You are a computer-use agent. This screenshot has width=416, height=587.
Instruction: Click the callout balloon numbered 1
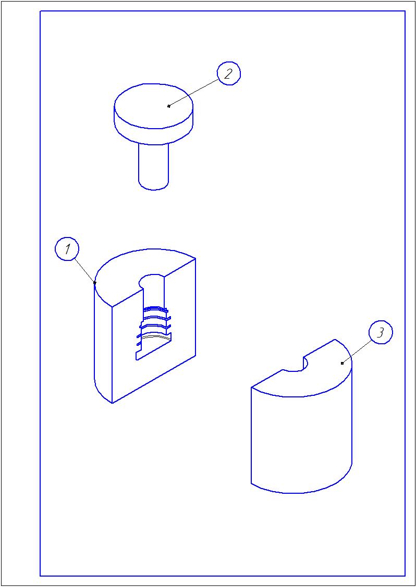click(67, 249)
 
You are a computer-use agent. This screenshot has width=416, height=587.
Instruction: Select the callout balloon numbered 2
click(229, 73)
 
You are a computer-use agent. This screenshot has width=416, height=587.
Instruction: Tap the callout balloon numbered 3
click(381, 333)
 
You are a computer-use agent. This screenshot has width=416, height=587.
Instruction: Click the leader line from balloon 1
click(84, 271)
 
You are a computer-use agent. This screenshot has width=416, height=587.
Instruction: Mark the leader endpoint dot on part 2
click(169, 106)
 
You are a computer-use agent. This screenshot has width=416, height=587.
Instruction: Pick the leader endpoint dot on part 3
click(342, 363)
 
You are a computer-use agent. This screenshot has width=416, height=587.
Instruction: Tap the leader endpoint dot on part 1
click(95, 283)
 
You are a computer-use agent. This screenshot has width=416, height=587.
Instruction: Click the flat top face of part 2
click(154, 106)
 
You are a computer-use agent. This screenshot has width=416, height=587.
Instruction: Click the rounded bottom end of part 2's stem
click(154, 186)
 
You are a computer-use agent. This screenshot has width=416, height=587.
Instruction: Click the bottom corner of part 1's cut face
click(113, 403)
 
